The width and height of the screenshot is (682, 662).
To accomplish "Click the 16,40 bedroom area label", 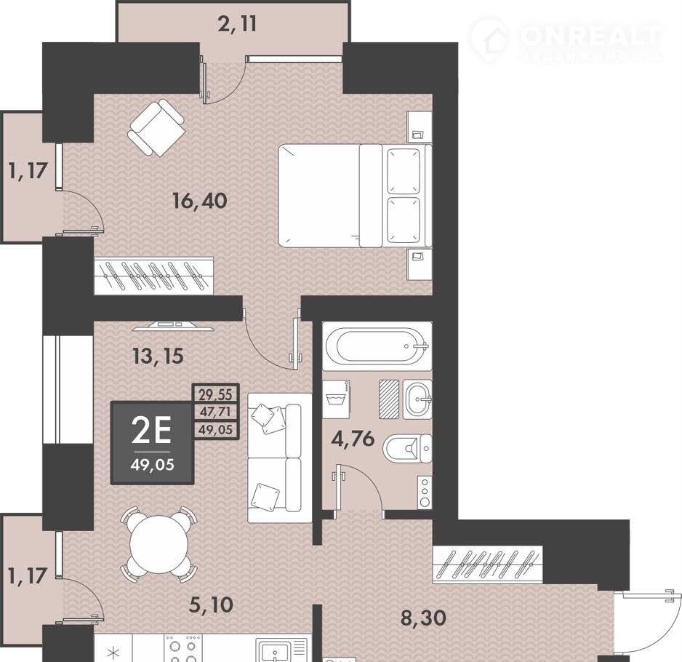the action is pyautogui.click(x=200, y=201).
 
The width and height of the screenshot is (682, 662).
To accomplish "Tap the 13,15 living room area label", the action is pyautogui.click(x=158, y=356).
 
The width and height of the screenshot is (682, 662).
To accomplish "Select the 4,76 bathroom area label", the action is pyautogui.click(x=353, y=439).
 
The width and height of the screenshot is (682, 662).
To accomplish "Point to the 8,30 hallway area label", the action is pyautogui.click(x=422, y=618).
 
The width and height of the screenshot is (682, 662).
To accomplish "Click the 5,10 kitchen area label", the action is pyautogui.click(x=212, y=605).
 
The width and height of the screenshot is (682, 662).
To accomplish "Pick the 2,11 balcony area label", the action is pyautogui.click(x=237, y=23).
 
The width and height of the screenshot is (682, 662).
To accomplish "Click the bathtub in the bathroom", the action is pyautogui.click(x=377, y=346).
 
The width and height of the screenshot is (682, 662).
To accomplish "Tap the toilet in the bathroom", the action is pyautogui.click(x=407, y=448).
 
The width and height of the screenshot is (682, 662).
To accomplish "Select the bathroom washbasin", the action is pyautogui.click(x=417, y=399).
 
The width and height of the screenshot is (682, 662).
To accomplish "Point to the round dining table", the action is pyautogui.click(x=159, y=544).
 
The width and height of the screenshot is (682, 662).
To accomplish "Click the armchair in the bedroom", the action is pyautogui.click(x=156, y=127).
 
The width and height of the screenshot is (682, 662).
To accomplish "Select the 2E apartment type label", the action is pyautogui.click(x=151, y=431).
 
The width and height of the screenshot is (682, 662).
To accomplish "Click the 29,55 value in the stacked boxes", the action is pyautogui.click(x=216, y=394).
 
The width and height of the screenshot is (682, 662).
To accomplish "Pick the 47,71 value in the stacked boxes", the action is pyautogui.click(x=216, y=411).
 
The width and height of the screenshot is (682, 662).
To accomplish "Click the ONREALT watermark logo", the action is pyautogui.click(x=566, y=40).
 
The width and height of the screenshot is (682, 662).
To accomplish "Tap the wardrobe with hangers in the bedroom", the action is pyautogui.click(x=154, y=276).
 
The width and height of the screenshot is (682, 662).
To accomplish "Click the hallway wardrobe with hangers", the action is pyautogui.click(x=487, y=564).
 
